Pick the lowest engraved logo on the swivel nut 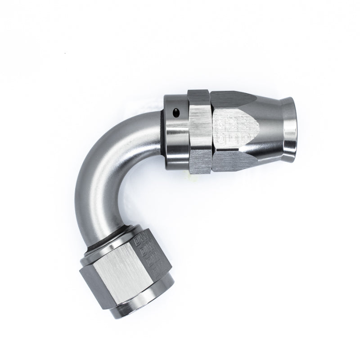(156, 271)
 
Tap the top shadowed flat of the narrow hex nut (198, 95)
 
